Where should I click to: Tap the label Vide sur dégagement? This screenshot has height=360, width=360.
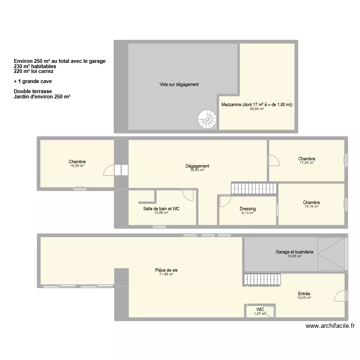point(179,84)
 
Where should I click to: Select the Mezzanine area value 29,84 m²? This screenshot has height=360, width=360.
point(257,109)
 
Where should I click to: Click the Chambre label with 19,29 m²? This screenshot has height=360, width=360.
point(77,162)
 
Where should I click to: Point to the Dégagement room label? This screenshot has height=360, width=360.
point(197,166)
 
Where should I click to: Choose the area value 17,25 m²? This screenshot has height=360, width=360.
point(307,163)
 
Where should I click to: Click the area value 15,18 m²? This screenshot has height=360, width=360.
point(311,206)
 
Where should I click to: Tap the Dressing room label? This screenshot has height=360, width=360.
point(248,209)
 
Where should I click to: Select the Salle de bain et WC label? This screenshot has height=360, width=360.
point(161,209)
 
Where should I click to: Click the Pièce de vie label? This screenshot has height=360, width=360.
point(166,270)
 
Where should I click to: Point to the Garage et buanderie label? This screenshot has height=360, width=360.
point(294,252)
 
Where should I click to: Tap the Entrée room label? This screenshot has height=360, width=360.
point(304,294)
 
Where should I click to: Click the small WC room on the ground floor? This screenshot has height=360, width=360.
point(260,311)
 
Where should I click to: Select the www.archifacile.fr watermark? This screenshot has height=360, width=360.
point(330,325)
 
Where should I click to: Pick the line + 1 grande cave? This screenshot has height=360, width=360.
point(33,81)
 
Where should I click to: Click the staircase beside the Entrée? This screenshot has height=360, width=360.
point(262,279)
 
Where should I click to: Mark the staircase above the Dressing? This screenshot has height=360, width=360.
point(254,188)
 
